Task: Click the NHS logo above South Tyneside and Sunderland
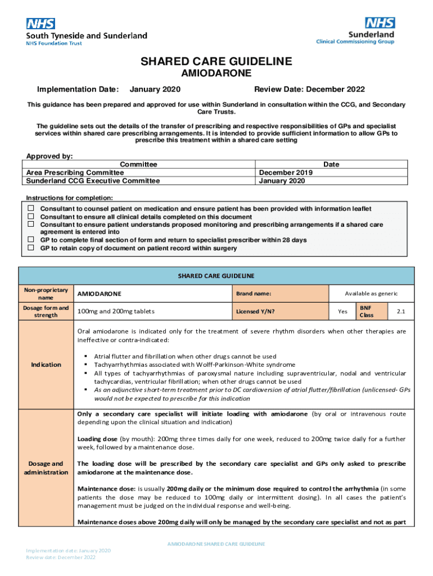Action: tap(40, 24)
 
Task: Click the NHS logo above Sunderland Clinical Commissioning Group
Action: tap(380, 22)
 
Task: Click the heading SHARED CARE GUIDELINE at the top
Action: tap(216, 61)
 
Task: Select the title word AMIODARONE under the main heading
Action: tap(216, 74)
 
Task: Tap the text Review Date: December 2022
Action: tap(309, 89)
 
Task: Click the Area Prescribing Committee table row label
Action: tap(75, 172)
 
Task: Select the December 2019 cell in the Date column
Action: tap(286, 172)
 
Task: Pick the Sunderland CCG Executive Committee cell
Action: tap(93, 181)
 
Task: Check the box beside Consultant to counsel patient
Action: tap(31, 209)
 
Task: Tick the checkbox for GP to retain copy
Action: tap(31, 248)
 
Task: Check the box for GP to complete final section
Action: tap(31, 240)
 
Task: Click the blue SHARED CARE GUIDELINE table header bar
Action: tap(216, 276)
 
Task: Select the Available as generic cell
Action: tap(371, 294)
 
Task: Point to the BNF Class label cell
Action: tap(366, 311)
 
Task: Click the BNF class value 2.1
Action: tap(400, 311)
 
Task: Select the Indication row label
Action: tap(46, 364)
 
